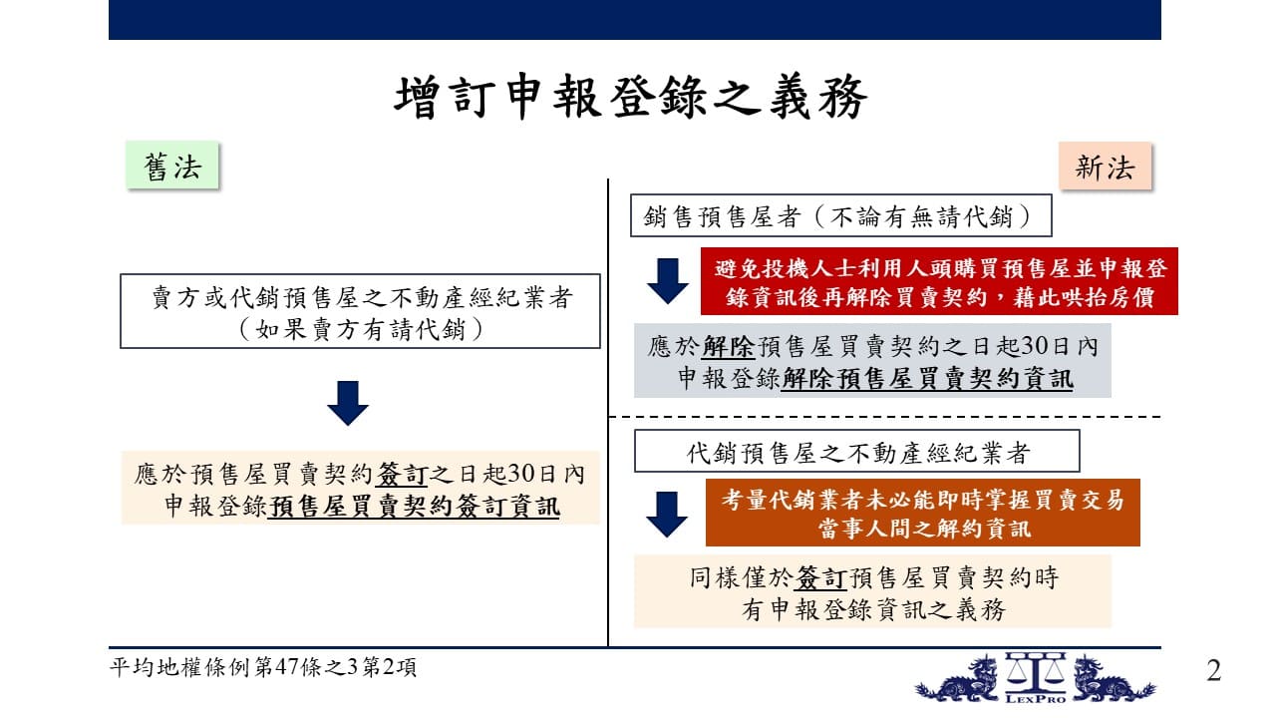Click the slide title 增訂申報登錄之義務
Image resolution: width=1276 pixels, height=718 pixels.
click(631, 97)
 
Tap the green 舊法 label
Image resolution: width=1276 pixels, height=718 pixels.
click(172, 166)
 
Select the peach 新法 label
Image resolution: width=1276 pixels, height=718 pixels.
click(1106, 167)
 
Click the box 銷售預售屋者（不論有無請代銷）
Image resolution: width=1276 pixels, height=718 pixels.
click(840, 215)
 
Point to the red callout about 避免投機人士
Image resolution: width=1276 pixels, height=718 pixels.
click(939, 281)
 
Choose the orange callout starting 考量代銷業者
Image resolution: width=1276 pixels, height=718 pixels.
click(923, 513)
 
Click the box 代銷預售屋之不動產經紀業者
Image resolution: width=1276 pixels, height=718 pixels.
click(856, 451)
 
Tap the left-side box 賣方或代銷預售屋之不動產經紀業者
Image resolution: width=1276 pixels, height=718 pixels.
click(360, 311)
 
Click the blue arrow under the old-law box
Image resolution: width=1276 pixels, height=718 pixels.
click(348, 403)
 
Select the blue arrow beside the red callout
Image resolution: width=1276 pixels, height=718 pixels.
click(668, 281)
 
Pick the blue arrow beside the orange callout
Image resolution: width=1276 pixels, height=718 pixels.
click(667, 514)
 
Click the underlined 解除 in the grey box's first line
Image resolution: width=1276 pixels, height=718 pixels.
click(729, 346)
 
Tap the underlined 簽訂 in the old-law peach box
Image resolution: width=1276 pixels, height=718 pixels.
click(402, 474)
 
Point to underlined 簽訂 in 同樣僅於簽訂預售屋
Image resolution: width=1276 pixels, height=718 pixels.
click(820, 577)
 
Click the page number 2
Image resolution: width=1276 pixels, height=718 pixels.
click(1214, 670)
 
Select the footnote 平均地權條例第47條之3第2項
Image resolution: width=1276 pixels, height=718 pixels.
click(262, 667)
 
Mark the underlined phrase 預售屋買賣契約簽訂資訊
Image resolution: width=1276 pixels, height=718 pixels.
click(414, 507)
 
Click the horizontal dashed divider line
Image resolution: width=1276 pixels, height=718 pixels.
click(884, 417)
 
